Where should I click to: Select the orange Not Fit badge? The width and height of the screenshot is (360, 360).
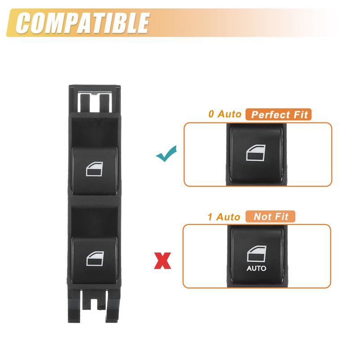coord(271,216)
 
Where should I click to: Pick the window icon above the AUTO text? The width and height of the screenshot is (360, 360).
coord(256,255)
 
